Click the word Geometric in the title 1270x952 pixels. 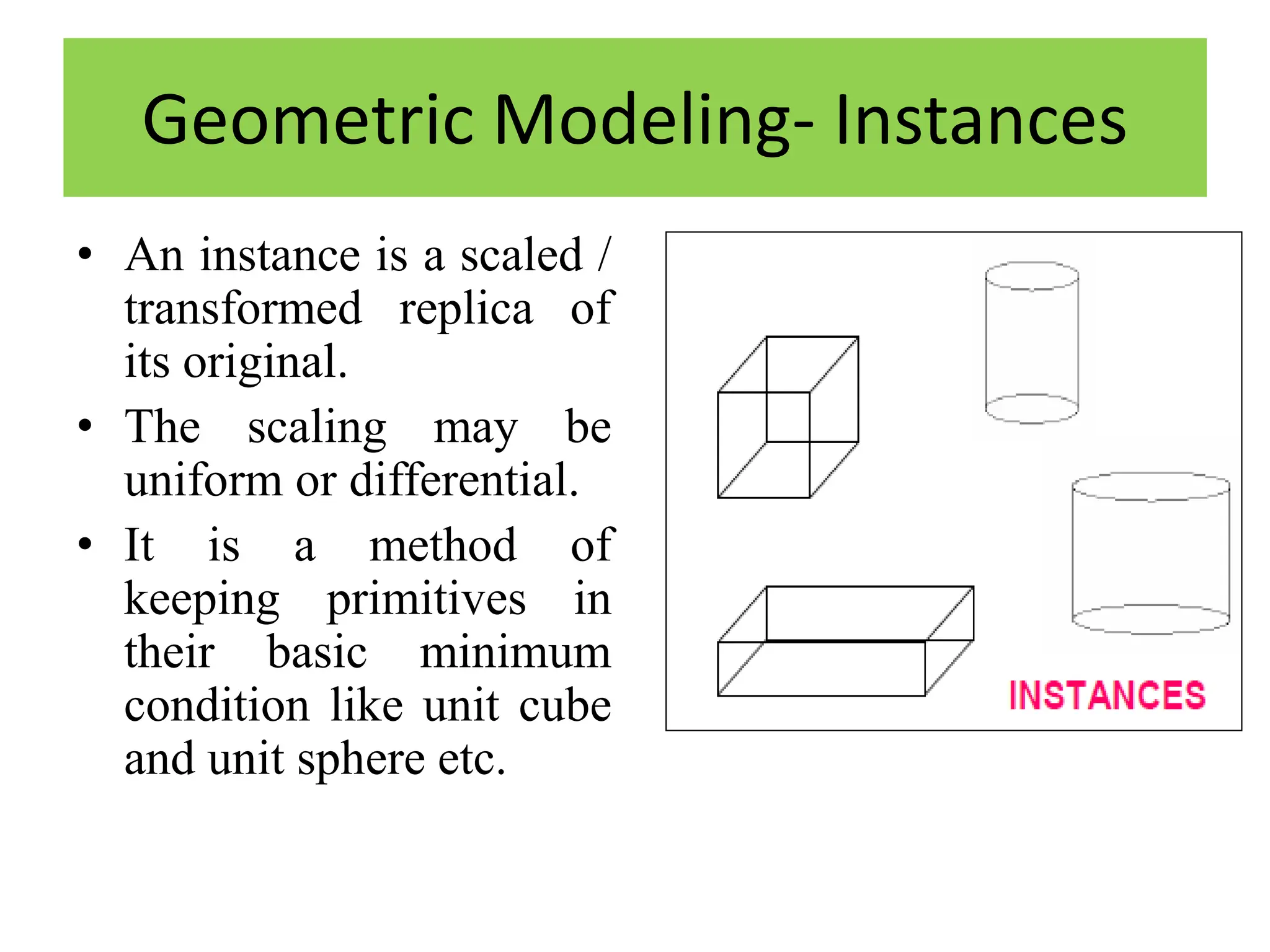coord(308,120)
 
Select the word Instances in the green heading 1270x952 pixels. coord(980,120)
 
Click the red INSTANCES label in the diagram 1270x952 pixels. coord(1107,695)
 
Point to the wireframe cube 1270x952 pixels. coord(788,417)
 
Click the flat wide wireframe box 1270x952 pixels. coord(845,641)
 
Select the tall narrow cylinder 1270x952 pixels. coord(1032,343)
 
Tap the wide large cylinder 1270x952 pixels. coord(1151,553)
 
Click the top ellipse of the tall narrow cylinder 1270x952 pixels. coord(1032,276)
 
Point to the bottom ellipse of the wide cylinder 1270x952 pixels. coord(1151,620)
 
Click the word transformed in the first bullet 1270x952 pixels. coord(243,309)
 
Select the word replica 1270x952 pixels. coord(466,309)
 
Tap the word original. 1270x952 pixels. coord(265,362)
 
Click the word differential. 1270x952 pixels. coord(464,480)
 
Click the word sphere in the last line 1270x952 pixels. coord(361,760)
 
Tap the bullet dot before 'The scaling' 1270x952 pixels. coord(86,426)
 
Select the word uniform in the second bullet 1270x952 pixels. coord(203,480)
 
